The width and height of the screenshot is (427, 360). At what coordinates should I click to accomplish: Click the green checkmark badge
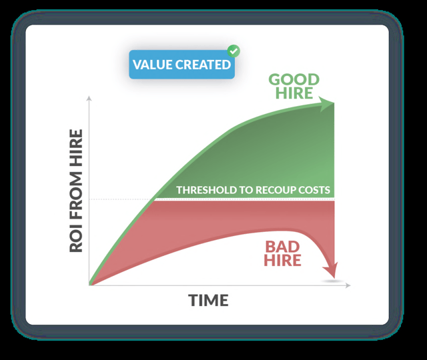[x=234, y=51]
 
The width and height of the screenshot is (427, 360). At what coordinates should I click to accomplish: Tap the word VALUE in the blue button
[x=152, y=65]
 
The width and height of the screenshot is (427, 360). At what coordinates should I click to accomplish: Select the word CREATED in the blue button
[x=203, y=65]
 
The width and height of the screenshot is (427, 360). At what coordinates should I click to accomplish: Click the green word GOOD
[x=294, y=80]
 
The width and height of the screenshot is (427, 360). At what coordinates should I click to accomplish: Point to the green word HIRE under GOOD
[x=294, y=93]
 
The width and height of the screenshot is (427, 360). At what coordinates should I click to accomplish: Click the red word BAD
[x=282, y=247]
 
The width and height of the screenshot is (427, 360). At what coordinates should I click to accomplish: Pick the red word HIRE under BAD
[x=282, y=260]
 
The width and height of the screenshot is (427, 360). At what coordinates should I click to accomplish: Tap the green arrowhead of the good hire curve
[x=326, y=104]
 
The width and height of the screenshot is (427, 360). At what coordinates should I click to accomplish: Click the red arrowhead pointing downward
[x=331, y=270]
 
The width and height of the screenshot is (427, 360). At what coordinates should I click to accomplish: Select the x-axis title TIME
[x=208, y=301]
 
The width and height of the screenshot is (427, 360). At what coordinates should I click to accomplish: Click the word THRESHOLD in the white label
[x=206, y=190]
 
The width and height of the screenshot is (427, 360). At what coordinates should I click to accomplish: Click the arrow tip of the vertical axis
[x=89, y=96]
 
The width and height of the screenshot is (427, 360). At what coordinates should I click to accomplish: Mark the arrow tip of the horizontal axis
[x=350, y=285]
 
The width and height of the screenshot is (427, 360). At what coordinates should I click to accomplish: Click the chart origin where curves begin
[x=89, y=285]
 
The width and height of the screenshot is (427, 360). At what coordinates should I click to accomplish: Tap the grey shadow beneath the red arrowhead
[x=332, y=281]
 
